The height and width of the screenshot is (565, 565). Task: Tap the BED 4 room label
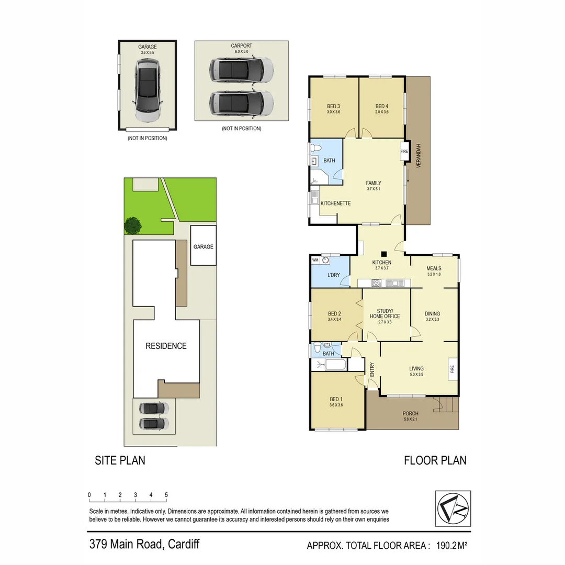382,106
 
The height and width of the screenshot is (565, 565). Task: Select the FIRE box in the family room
404,151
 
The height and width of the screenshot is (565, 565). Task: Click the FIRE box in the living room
453,369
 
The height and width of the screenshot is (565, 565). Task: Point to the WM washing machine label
315,259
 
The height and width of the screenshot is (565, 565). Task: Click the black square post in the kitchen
383,253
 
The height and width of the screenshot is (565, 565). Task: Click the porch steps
448,404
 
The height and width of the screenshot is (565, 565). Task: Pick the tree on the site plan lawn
132,225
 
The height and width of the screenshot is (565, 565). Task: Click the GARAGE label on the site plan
203,246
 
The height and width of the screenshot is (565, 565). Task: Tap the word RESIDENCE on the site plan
166,346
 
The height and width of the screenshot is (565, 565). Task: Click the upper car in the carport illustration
241,70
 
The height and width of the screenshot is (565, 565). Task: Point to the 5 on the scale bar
166,495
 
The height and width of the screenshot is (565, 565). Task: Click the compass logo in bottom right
453,508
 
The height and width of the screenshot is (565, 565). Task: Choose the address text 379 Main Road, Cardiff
143,544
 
